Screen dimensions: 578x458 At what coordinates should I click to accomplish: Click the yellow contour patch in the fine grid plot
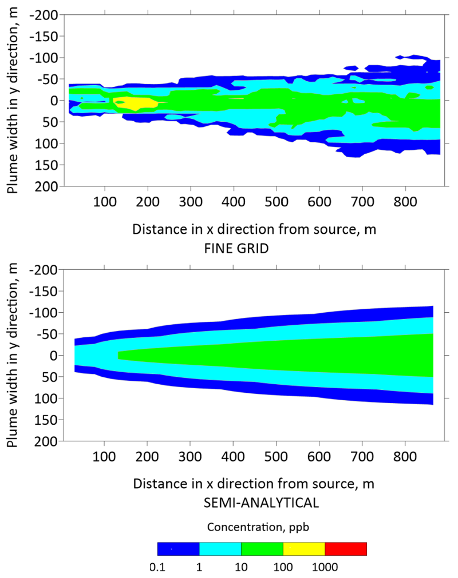135,103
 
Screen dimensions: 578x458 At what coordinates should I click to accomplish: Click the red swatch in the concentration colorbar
345,549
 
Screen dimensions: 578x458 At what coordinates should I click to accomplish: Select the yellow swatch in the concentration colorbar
303,549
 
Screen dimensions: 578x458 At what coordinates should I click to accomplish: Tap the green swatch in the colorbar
262,549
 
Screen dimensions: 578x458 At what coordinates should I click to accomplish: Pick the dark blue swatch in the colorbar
178,549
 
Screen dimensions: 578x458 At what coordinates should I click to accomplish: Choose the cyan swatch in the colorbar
220,549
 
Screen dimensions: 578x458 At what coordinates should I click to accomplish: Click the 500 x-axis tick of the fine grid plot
276,204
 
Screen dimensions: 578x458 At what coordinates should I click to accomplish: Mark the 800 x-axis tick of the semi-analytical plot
405,459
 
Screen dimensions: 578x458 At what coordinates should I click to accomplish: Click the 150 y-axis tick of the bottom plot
53,420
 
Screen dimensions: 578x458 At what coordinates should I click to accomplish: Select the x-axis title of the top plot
253,230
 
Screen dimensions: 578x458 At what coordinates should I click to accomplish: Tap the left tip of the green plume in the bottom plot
119,355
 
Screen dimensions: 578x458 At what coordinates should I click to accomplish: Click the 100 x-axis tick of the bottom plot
104,459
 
